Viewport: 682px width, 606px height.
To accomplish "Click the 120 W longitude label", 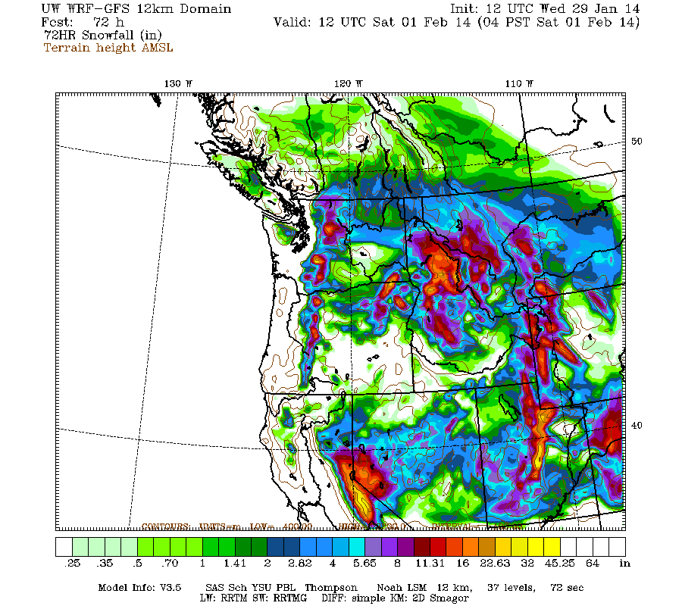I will pyautogui.click(x=349, y=83).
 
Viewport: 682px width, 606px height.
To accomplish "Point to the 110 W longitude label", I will pyautogui.click(x=520, y=83).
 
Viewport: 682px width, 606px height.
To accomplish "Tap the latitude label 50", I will pyautogui.click(x=637, y=142).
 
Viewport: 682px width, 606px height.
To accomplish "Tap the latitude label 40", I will pyautogui.click(x=637, y=426).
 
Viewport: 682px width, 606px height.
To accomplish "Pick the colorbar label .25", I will pyautogui.click(x=74, y=564).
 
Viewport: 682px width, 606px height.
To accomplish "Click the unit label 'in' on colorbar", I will pyautogui.click(x=625, y=564).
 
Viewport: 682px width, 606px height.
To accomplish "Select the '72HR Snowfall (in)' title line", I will pyautogui.click(x=102, y=35).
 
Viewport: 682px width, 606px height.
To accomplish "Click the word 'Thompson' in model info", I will pyautogui.click(x=333, y=587).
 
